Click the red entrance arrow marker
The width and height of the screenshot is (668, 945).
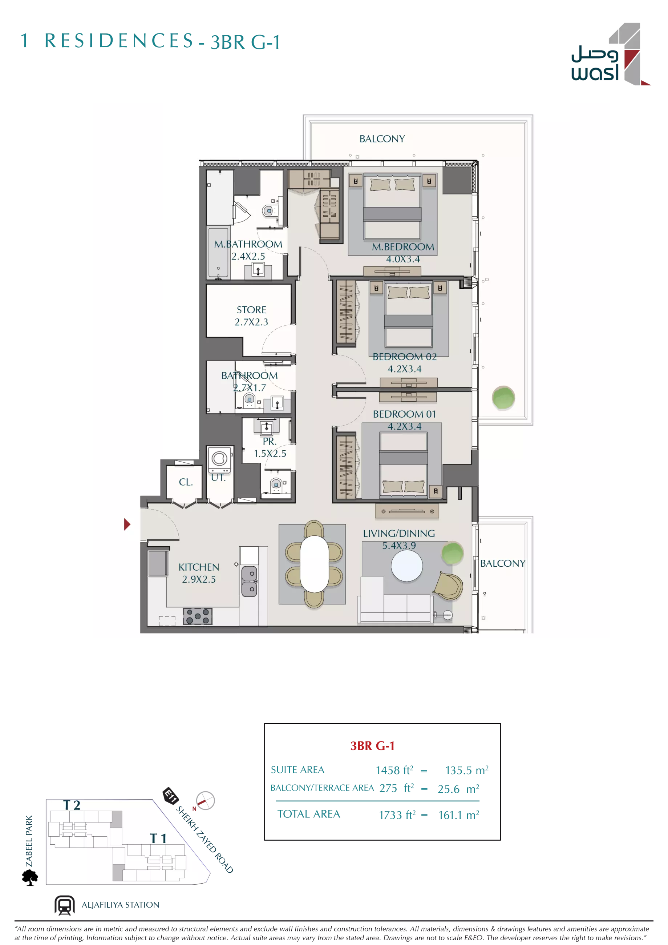(127, 524)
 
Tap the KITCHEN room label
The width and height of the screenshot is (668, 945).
(199, 567)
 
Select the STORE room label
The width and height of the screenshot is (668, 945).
(251, 310)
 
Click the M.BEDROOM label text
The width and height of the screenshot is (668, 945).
(403, 247)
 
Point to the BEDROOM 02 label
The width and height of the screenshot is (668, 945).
(404, 357)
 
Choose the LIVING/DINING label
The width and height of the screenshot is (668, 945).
(398, 534)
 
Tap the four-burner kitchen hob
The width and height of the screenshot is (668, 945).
(198, 616)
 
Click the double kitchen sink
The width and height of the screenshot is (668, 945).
(249, 581)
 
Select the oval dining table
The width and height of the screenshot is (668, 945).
(314, 563)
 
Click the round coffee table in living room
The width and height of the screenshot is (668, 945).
(406, 566)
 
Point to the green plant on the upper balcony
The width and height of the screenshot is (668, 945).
(503, 398)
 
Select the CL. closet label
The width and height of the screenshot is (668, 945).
(186, 482)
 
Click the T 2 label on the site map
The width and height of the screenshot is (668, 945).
(72, 805)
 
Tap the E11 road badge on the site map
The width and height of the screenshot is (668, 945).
(170, 795)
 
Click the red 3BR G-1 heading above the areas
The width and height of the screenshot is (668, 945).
(372, 745)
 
